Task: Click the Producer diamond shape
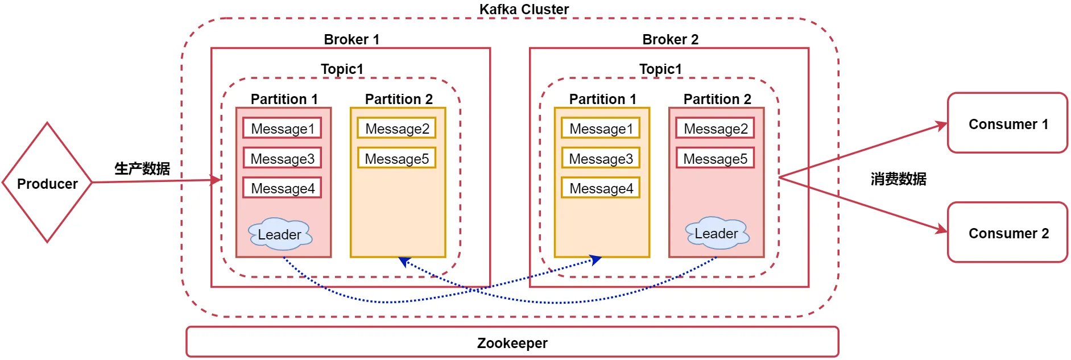(x=47, y=183)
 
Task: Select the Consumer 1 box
(x=1007, y=123)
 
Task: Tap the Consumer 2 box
(x=1007, y=233)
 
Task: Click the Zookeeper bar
(x=512, y=342)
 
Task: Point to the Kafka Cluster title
(x=524, y=9)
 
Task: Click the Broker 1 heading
(x=351, y=39)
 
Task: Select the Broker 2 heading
(x=670, y=39)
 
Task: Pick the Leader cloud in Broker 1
(x=280, y=234)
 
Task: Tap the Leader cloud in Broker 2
(x=717, y=233)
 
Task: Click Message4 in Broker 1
(x=282, y=188)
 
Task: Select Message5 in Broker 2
(x=715, y=158)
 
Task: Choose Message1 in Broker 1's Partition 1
(x=282, y=128)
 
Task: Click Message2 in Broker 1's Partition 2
(x=397, y=128)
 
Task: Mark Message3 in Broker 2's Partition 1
(x=601, y=158)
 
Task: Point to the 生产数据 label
(x=142, y=168)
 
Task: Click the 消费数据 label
(x=898, y=179)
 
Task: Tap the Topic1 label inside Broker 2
(x=660, y=69)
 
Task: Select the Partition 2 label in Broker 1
(x=399, y=99)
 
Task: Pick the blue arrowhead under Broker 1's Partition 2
(x=404, y=262)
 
